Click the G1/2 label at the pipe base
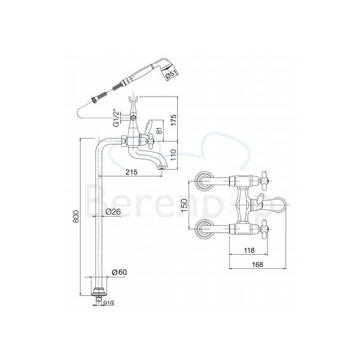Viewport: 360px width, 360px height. tap(109, 302)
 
